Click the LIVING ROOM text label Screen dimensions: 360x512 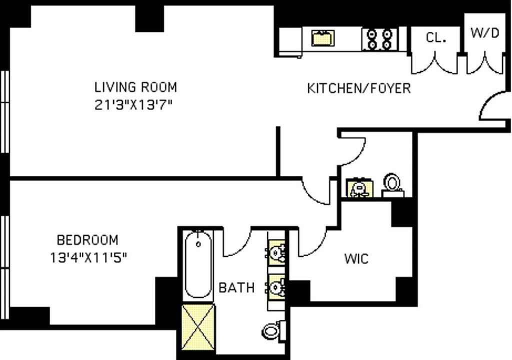pos(135,87)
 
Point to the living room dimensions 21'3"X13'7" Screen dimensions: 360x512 pos(135,105)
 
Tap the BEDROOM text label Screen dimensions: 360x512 pos(87,240)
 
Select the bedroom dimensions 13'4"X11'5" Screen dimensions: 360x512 pos(87,258)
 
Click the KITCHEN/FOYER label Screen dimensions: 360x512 pos(358,88)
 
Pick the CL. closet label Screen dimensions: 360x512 pos(436,38)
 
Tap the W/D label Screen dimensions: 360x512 pos(484,33)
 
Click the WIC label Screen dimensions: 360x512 pos(356,259)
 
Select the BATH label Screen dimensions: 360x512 pos(236,288)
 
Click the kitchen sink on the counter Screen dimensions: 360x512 pos(322,38)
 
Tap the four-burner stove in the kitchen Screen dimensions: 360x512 pos(379,39)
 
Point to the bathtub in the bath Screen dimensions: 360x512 pos(198,265)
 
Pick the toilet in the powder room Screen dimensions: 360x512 pos(392,183)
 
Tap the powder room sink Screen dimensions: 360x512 pos(358,188)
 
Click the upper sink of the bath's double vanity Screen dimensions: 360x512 pos(276,251)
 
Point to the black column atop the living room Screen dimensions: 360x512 pos(149,18)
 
